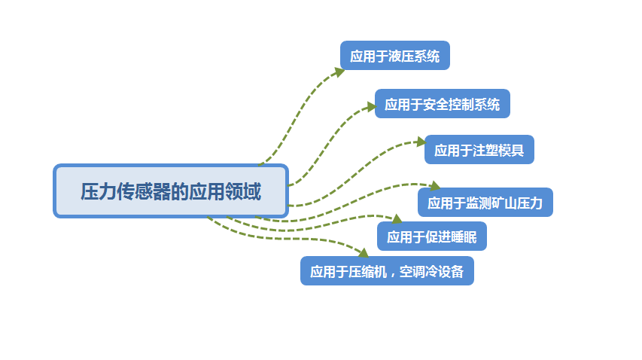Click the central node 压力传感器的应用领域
point(171,191)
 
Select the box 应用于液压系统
point(395,56)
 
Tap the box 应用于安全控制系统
point(443,104)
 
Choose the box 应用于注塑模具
point(479,149)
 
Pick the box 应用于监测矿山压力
point(485,202)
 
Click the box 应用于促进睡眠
point(432,236)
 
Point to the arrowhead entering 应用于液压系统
point(339,72)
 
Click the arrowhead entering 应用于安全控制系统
point(370,107)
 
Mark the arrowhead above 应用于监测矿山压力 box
point(434,185)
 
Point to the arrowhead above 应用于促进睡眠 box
point(397,219)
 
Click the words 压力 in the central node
point(91,191)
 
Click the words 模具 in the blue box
point(511,150)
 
